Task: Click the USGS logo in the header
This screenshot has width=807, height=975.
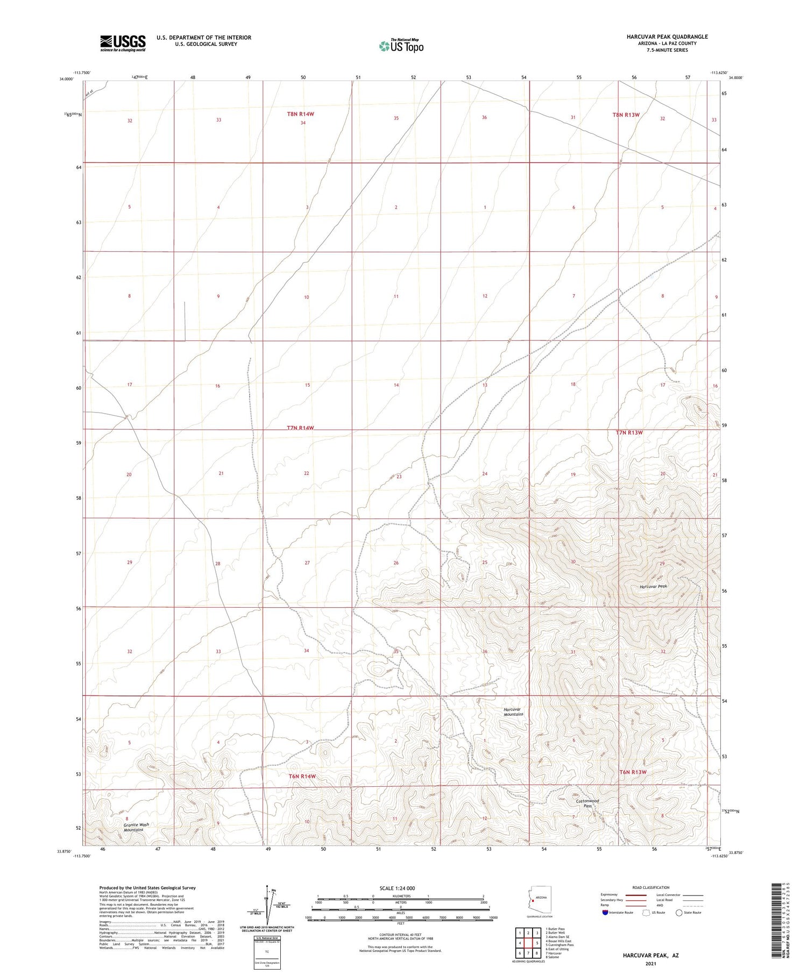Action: pyautogui.click(x=123, y=43)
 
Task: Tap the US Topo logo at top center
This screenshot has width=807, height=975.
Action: pyautogui.click(x=401, y=46)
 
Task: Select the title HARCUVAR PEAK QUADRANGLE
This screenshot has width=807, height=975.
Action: pyautogui.click(x=667, y=37)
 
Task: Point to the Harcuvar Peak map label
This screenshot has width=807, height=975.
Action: pyautogui.click(x=653, y=586)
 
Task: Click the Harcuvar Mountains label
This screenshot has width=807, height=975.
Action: pyautogui.click(x=513, y=711)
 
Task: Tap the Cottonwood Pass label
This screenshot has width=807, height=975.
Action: pyautogui.click(x=587, y=803)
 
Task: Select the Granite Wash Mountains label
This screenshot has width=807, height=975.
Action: pyautogui.click(x=136, y=827)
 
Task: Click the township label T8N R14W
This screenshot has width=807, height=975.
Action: pyautogui.click(x=300, y=114)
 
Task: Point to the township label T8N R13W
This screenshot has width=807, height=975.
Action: pyautogui.click(x=626, y=115)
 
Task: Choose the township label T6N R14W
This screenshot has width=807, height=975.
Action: pyautogui.click(x=302, y=776)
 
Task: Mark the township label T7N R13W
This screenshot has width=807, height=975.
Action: pyautogui.click(x=629, y=432)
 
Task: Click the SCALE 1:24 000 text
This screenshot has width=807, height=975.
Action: pyautogui.click(x=397, y=888)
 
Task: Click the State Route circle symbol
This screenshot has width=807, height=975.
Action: pyautogui.click(x=679, y=913)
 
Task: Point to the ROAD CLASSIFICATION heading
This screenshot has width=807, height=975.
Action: pyautogui.click(x=650, y=887)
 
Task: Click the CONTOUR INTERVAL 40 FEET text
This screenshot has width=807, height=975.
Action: pyautogui.click(x=400, y=934)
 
